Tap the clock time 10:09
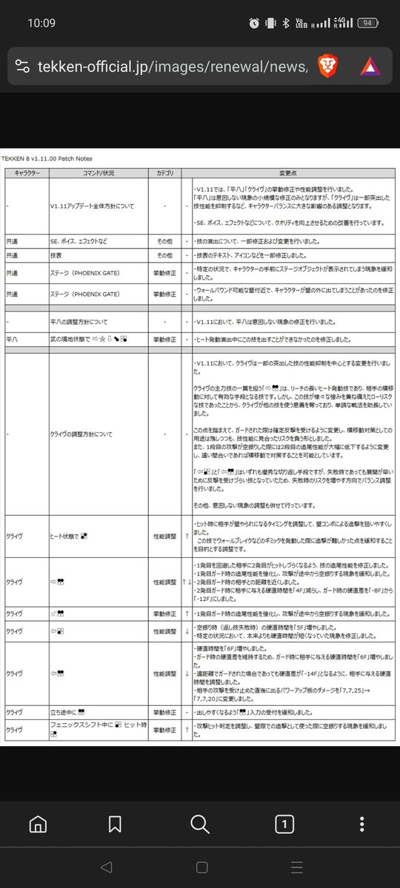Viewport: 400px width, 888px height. click(x=41, y=22)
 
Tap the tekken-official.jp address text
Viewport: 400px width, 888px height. click(x=170, y=67)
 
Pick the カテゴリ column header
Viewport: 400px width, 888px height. click(x=166, y=172)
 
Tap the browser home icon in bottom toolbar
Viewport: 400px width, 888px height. click(x=39, y=824)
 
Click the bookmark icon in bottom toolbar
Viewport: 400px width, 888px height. click(x=115, y=824)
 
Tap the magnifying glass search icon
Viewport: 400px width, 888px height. click(x=200, y=824)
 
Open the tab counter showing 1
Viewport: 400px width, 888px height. click(x=286, y=824)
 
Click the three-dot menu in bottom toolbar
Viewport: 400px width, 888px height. click(x=361, y=824)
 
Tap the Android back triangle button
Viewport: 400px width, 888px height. click(x=106, y=867)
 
